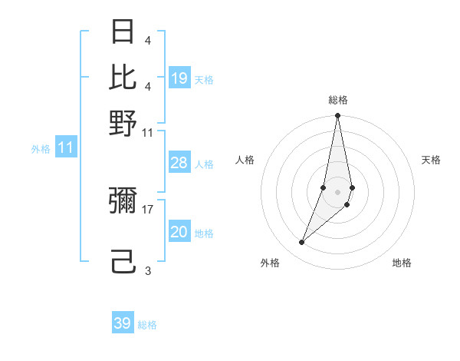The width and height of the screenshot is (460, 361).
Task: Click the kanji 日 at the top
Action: click(123, 33)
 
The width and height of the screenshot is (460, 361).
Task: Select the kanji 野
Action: click(123, 123)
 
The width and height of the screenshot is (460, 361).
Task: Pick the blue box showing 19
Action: click(179, 78)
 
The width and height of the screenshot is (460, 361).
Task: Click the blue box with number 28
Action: click(179, 163)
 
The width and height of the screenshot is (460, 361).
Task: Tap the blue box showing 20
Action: click(179, 232)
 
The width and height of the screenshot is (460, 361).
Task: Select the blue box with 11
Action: click(65, 147)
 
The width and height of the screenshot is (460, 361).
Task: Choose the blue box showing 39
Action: click(123, 323)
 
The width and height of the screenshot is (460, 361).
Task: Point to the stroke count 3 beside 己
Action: click(148, 270)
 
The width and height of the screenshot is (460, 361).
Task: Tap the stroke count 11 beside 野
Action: click(147, 133)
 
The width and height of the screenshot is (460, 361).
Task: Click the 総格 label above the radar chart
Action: click(337, 100)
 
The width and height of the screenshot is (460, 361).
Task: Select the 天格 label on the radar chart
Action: click(431, 160)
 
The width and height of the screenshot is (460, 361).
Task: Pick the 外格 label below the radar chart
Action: click(270, 263)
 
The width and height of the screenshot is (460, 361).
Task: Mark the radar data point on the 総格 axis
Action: click(337, 116)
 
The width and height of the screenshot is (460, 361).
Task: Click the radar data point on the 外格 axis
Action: click(302, 243)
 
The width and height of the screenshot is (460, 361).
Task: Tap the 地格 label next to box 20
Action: click(204, 233)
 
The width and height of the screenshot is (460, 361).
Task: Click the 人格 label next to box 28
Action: click(204, 164)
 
